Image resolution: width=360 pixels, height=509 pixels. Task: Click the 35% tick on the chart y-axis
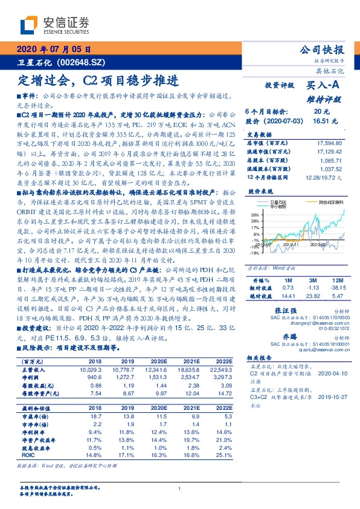pyautogui.click(x=255, y=215)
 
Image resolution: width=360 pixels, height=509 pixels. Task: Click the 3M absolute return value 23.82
pyautogui.click(x=312, y=297)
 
